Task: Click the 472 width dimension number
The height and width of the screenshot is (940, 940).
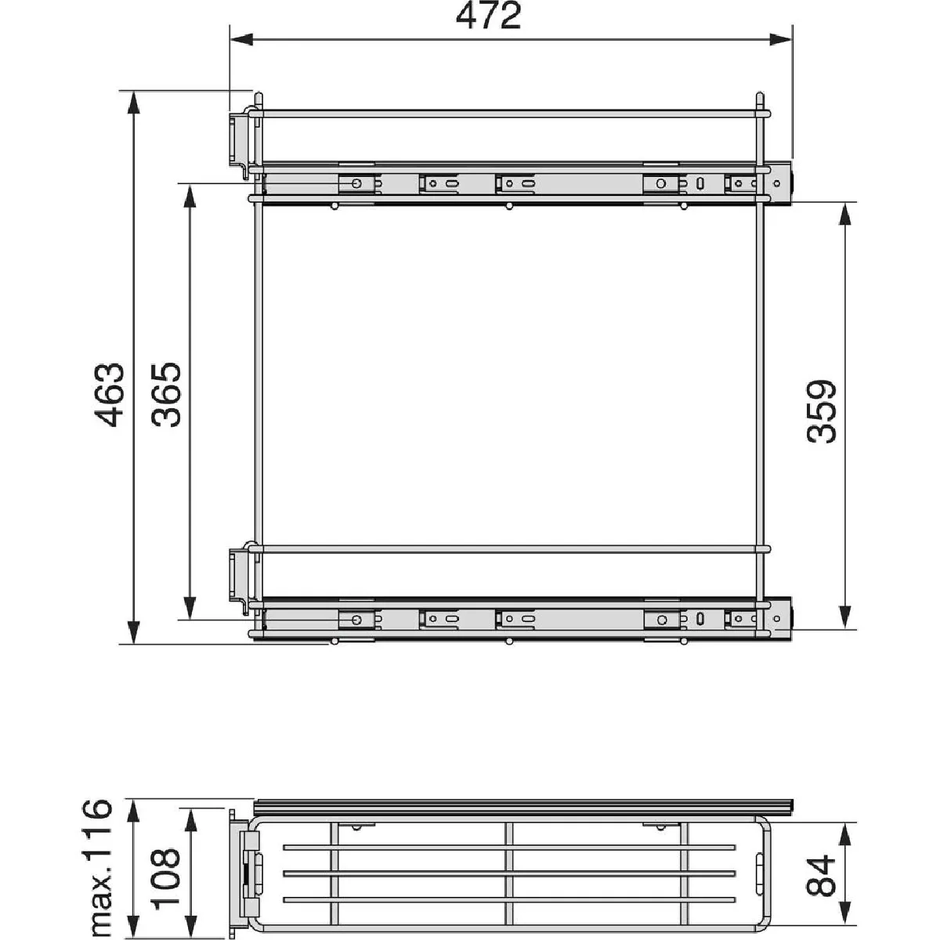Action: pos(489,16)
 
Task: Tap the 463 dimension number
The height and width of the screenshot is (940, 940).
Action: pos(110,394)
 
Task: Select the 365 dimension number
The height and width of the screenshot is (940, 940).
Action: pos(166,394)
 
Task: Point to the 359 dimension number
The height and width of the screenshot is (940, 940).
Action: pos(822,412)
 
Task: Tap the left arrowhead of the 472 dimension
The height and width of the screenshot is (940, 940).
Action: pos(241,40)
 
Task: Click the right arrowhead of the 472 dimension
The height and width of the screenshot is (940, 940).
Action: pos(780,40)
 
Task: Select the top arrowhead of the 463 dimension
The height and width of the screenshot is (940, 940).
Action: pos(133,103)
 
